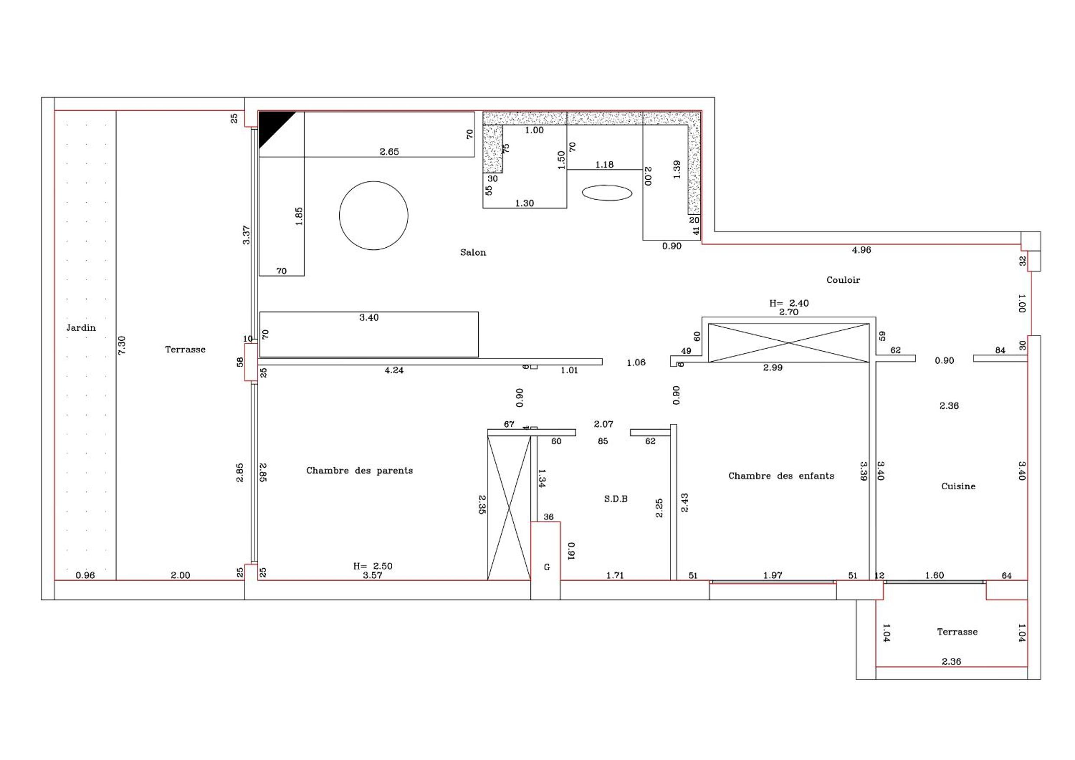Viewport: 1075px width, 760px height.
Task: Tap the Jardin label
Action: [81, 327]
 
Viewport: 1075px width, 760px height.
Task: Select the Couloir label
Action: [843, 280]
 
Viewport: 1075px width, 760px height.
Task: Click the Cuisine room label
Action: [958, 486]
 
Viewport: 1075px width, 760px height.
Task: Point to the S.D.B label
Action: [616, 499]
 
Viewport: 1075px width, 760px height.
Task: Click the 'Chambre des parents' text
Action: [360, 471]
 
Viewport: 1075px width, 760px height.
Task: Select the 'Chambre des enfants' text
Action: [781, 476]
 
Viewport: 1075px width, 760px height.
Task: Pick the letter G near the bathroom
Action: [546, 567]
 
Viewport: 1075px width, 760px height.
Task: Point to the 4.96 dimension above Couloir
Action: [861, 250]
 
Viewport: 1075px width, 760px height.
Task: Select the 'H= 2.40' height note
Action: [789, 303]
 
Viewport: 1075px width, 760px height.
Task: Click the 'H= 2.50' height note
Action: [373, 566]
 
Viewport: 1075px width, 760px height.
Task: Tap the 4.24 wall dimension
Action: [394, 370]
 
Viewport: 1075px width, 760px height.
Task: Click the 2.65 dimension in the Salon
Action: [389, 152]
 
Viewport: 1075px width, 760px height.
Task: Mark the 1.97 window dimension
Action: [773, 575]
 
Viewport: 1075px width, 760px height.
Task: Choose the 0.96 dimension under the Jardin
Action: [85, 575]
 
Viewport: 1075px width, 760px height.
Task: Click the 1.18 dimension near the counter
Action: [604, 165]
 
